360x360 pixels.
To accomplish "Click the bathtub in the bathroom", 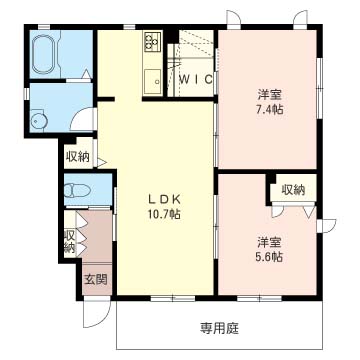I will (48, 54).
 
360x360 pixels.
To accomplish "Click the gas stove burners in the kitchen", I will (153, 42).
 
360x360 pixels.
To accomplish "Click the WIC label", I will (192, 79).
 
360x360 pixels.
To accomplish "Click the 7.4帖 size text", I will (269, 108).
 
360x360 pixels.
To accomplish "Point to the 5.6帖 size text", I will (268, 256).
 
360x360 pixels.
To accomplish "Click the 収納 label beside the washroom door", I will (79, 156).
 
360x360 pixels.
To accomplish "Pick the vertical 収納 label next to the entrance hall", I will (70, 241).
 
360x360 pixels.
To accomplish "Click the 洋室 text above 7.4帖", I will (269, 93).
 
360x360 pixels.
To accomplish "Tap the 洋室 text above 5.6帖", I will (268, 241).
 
